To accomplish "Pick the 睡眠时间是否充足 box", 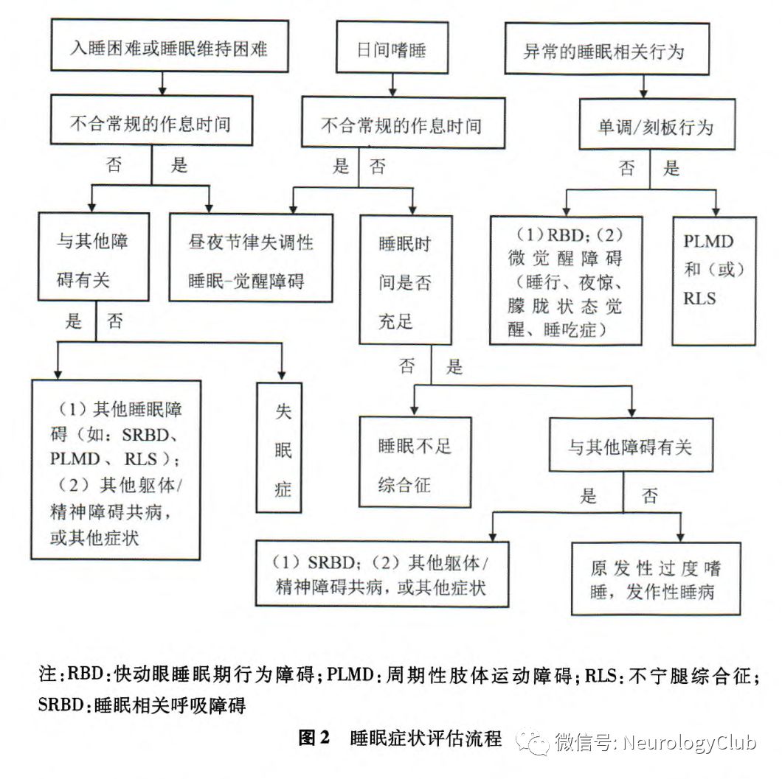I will (x=405, y=280).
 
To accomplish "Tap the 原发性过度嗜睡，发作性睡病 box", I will (x=656, y=579).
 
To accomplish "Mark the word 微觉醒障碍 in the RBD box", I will (x=565, y=259).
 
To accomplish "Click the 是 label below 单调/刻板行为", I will (x=671, y=169).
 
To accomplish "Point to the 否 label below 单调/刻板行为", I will (x=627, y=169).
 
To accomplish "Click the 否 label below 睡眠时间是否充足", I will (x=407, y=366).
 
